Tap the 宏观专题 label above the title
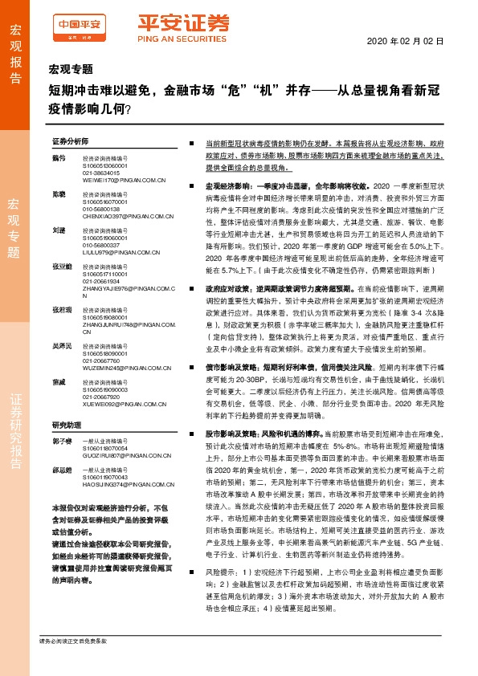click(x=71, y=70)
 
